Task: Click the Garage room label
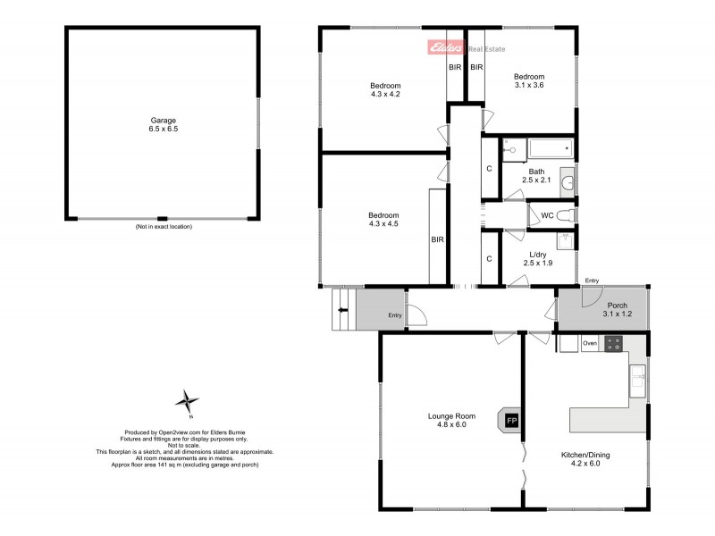(163, 124)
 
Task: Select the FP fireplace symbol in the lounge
(512, 420)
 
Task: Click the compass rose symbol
(188, 403)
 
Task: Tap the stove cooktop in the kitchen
(614, 342)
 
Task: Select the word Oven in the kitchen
(590, 343)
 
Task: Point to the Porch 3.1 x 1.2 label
(618, 309)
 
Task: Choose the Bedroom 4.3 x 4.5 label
(384, 220)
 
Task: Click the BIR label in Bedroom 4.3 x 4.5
(438, 239)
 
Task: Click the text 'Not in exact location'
(164, 227)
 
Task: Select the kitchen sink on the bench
(636, 382)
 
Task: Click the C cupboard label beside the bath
(489, 169)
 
